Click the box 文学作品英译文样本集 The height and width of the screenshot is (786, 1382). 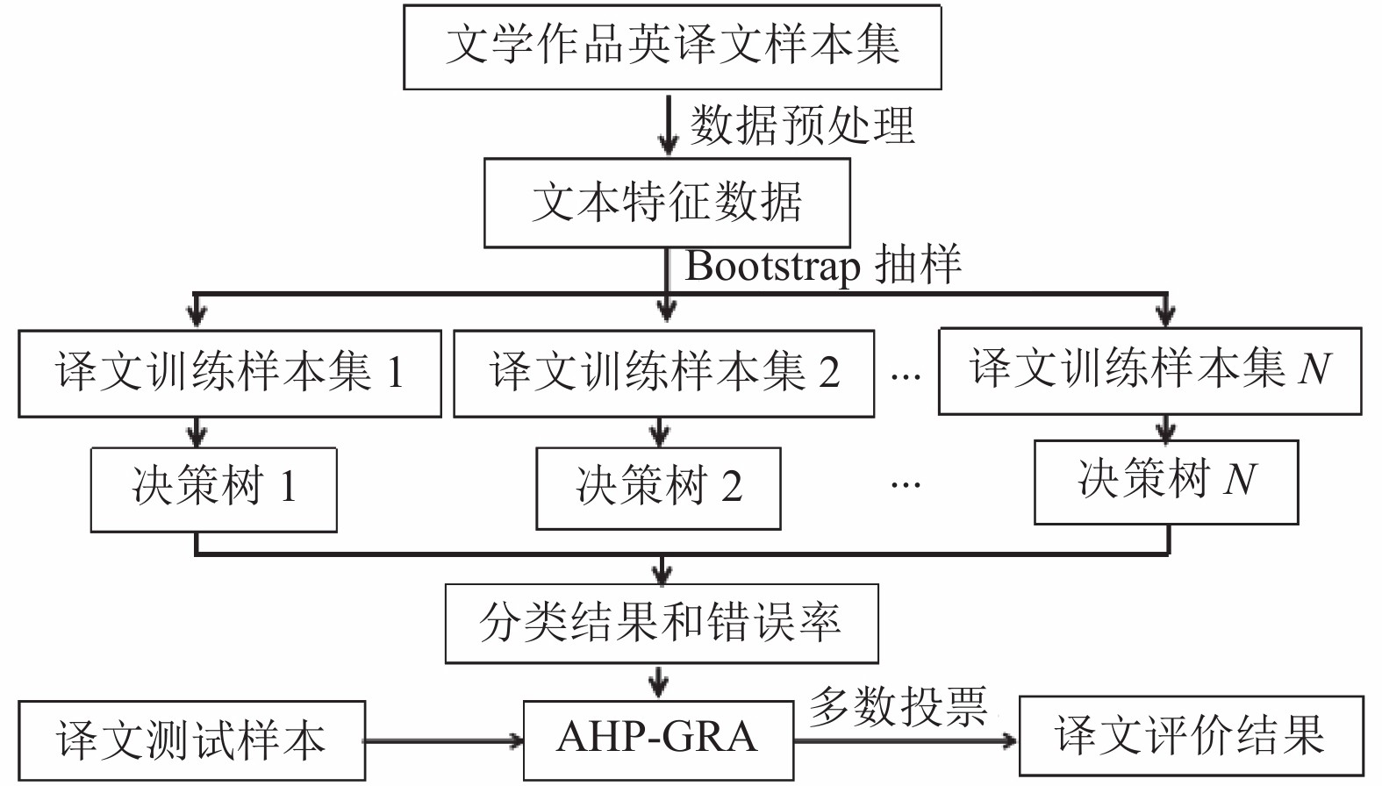tap(672, 47)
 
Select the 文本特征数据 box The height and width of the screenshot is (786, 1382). tap(667, 203)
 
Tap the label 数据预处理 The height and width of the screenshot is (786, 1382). tap(801, 125)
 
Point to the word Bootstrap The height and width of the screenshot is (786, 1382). tap(772, 266)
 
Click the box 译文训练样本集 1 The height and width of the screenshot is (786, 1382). tap(230, 374)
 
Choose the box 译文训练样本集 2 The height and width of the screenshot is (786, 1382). tap(664, 374)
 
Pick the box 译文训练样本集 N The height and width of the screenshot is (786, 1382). tap(1150, 371)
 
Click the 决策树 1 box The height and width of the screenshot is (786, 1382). tap(214, 489)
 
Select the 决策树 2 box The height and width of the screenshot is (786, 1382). tap(658, 489)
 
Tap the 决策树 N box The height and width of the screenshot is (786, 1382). tap(1166, 482)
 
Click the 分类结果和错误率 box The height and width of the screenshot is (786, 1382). tap(662, 624)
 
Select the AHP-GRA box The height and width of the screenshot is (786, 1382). tap(658, 740)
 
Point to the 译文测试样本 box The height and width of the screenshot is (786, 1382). tap(192, 740)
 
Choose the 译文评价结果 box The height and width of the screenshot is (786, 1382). tap(1192, 735)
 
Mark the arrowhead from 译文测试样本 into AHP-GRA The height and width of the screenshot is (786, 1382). tap(516, 740)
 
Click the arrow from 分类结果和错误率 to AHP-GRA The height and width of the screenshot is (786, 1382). tap(659, 682)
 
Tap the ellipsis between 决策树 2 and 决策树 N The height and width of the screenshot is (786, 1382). tap(906, 485)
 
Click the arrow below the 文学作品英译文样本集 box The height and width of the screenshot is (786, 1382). tap(668, 125)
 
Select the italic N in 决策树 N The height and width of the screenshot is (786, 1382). tap(1240, 479)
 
